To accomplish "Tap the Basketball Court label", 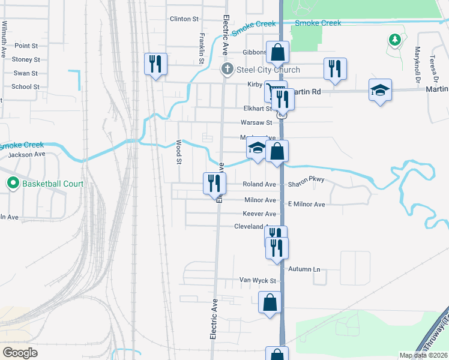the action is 53,183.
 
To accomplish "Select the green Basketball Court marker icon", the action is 13,183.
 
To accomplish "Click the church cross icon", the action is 228,70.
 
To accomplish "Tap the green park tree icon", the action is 394,40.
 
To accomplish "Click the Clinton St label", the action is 184,19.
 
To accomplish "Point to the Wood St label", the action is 178,152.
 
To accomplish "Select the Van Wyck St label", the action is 258,280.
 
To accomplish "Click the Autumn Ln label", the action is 304,269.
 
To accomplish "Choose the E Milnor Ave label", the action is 306,205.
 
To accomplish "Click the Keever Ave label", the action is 259,214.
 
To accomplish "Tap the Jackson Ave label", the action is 26,154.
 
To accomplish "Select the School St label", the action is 25,86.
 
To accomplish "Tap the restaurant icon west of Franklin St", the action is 155,63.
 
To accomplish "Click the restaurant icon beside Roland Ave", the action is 214,183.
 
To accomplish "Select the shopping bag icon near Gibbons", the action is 277,52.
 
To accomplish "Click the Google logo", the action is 20,353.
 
